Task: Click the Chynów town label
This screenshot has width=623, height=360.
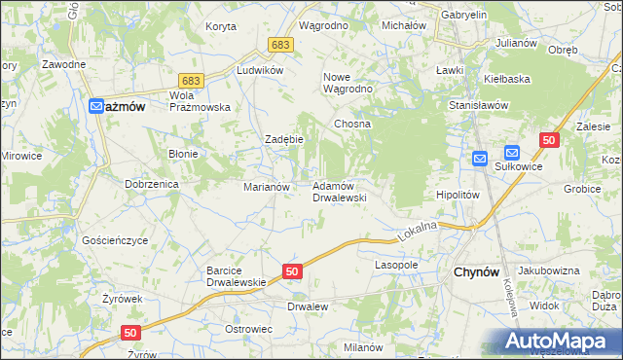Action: (477, 274)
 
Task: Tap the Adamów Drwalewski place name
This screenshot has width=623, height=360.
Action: (339, 191)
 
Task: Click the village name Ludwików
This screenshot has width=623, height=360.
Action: (260, 71)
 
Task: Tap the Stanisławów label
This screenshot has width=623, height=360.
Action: (479, 104)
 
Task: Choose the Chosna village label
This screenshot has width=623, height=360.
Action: (353, 125)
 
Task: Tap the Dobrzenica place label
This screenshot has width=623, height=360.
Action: (149, 183)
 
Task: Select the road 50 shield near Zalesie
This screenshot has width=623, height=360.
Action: (550, 141)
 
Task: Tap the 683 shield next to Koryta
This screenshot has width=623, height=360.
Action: (281, 45)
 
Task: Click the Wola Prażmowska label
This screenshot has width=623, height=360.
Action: (199, 101)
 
